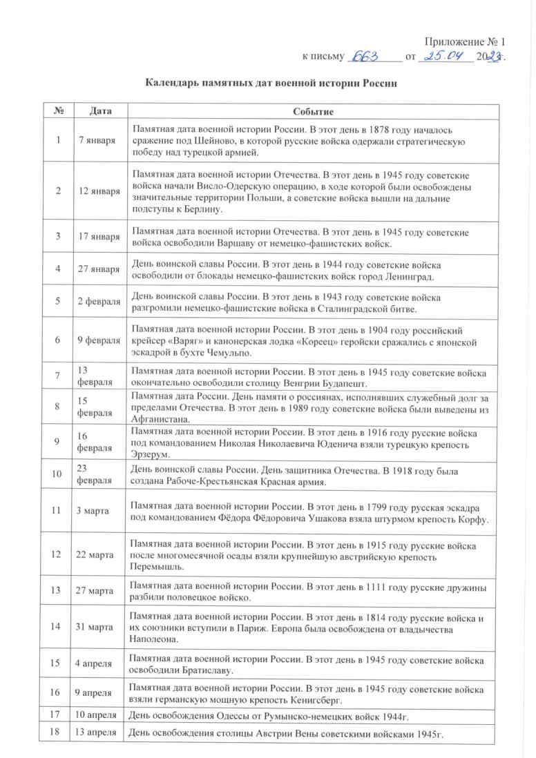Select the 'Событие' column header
click(x=313, y=111)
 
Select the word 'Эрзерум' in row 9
click(x=148, y=454)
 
